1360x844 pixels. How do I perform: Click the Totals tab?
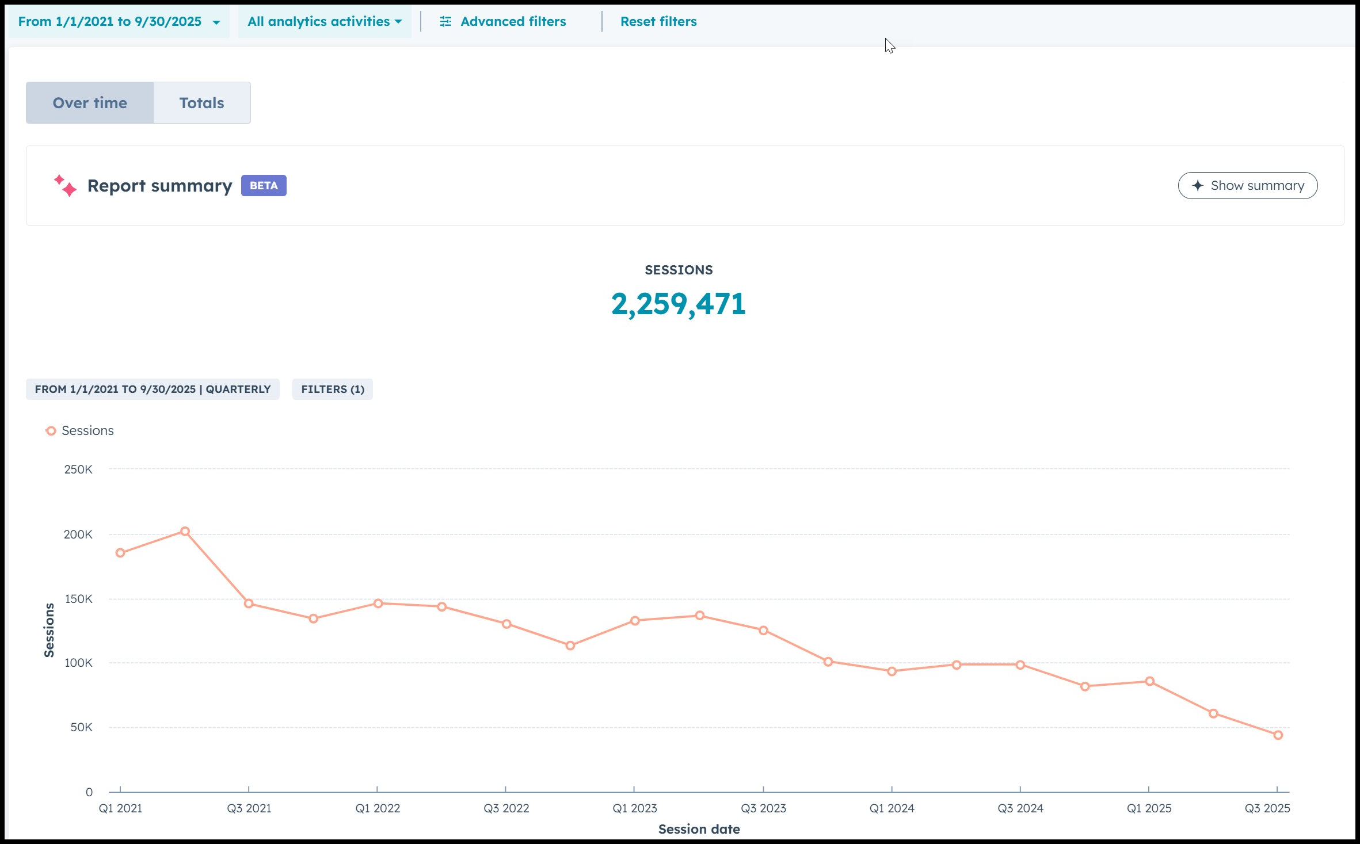point(201,103)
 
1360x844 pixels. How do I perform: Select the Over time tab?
point(90,103)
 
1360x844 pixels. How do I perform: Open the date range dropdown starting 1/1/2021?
point(119,22)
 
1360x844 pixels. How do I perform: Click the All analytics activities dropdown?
point(324,22)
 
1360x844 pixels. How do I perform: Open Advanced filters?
point(503,22)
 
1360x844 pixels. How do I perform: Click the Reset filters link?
point(658,22)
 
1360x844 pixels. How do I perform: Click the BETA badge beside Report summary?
point(264,186)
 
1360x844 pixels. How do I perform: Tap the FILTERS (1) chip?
point(333,389)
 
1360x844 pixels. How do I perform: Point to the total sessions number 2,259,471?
point(679,304)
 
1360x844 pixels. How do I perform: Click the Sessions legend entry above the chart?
point(80,431)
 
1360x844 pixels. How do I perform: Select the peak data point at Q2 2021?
point(185,532)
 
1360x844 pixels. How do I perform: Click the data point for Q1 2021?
point(120,553)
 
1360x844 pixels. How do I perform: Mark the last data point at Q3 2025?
point(1278,735)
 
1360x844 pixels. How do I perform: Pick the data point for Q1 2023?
point(635,621)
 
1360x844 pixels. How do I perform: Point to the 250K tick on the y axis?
point(78,469)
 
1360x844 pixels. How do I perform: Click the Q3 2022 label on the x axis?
point(506,808)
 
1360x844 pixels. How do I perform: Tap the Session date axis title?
point(699,829)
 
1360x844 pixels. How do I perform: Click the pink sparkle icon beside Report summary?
point(65,185)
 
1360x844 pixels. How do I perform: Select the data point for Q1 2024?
point(892,671)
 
